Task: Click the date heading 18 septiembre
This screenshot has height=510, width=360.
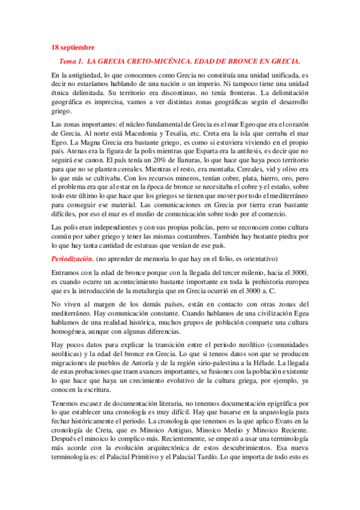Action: click(x=73, y=47)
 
